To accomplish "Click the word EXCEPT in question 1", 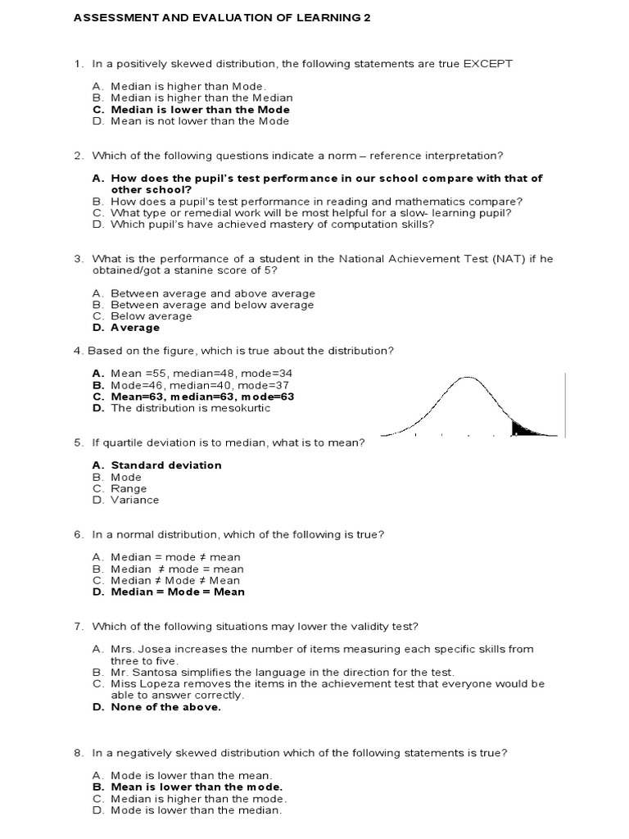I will coord(487,64).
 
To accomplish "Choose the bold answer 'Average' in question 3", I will coord(135,328).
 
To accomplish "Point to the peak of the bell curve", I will coord(467,378).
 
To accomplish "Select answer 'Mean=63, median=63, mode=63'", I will coord(202,396).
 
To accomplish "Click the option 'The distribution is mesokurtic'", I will coord(194,407).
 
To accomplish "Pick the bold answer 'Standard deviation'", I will coord(166,465).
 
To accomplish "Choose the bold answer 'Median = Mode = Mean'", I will coord(178,592).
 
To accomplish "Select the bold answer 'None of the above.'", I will coord(166,707).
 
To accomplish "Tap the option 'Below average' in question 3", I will coord(152,316).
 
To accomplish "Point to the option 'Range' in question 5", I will coord(129,488).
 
